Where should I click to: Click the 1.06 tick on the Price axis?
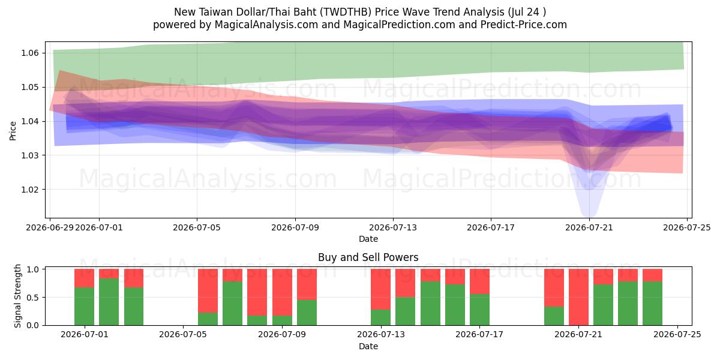click(30, 53)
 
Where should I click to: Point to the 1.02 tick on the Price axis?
click(30, 190)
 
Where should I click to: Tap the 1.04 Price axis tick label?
click(30, 121)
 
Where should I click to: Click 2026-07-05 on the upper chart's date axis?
click(197, 227)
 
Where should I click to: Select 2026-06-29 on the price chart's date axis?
click(50, 227)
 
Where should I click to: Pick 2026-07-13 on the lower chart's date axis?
click(381, 334)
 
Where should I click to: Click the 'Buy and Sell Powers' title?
click(368, 257)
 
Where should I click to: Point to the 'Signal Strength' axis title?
click(17, 296)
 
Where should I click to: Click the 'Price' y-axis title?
click(13, 131)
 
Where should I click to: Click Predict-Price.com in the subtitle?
click(524, 25)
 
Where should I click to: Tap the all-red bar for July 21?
click(578, 297)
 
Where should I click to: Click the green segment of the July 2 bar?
click(109, 302)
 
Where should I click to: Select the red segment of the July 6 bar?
click(208, 291)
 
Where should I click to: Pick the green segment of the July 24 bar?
click(653, 304)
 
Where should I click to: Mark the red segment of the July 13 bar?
click(380, 289)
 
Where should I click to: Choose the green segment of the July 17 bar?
click(479, 310)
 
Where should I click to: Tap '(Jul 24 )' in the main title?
click(527, 12)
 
